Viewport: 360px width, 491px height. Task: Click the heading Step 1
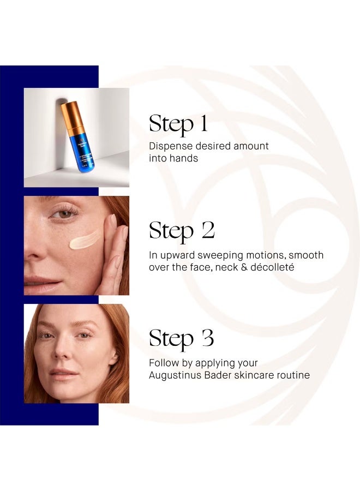(178, 124)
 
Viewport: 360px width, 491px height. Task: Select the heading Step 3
(181, 339)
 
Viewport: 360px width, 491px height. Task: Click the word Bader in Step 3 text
(221, 375)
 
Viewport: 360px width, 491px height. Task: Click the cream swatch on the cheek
(85, 240)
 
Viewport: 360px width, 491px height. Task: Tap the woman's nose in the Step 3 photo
(64, 355)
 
